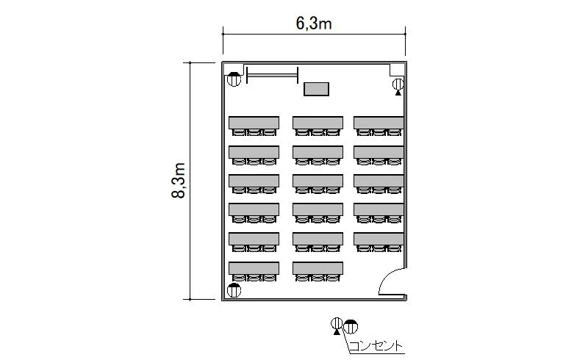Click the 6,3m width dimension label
tap(314, 24)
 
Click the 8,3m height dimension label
tap(179, 181)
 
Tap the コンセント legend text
tap(376, 345)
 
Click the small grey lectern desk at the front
tap(316, 89)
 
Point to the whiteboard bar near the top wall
tap(272, 76)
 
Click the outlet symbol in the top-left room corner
tap(234, 79)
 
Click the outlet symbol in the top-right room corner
tap(398, 86)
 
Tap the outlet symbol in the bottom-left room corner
tap(234, 290)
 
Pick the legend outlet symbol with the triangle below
tap(337, 325)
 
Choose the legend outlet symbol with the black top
tap(351, 327)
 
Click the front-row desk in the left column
tap(254, 123)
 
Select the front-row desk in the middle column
tap(318, 123)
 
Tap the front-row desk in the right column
tap(379, 123)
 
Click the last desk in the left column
tap(254, 268)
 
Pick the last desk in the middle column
tap(318, 268)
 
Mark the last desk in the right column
tap(379, 239)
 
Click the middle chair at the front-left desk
tap(254, 132)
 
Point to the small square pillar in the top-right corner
tap(397, 70)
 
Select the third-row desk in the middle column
tap(318, 181)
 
